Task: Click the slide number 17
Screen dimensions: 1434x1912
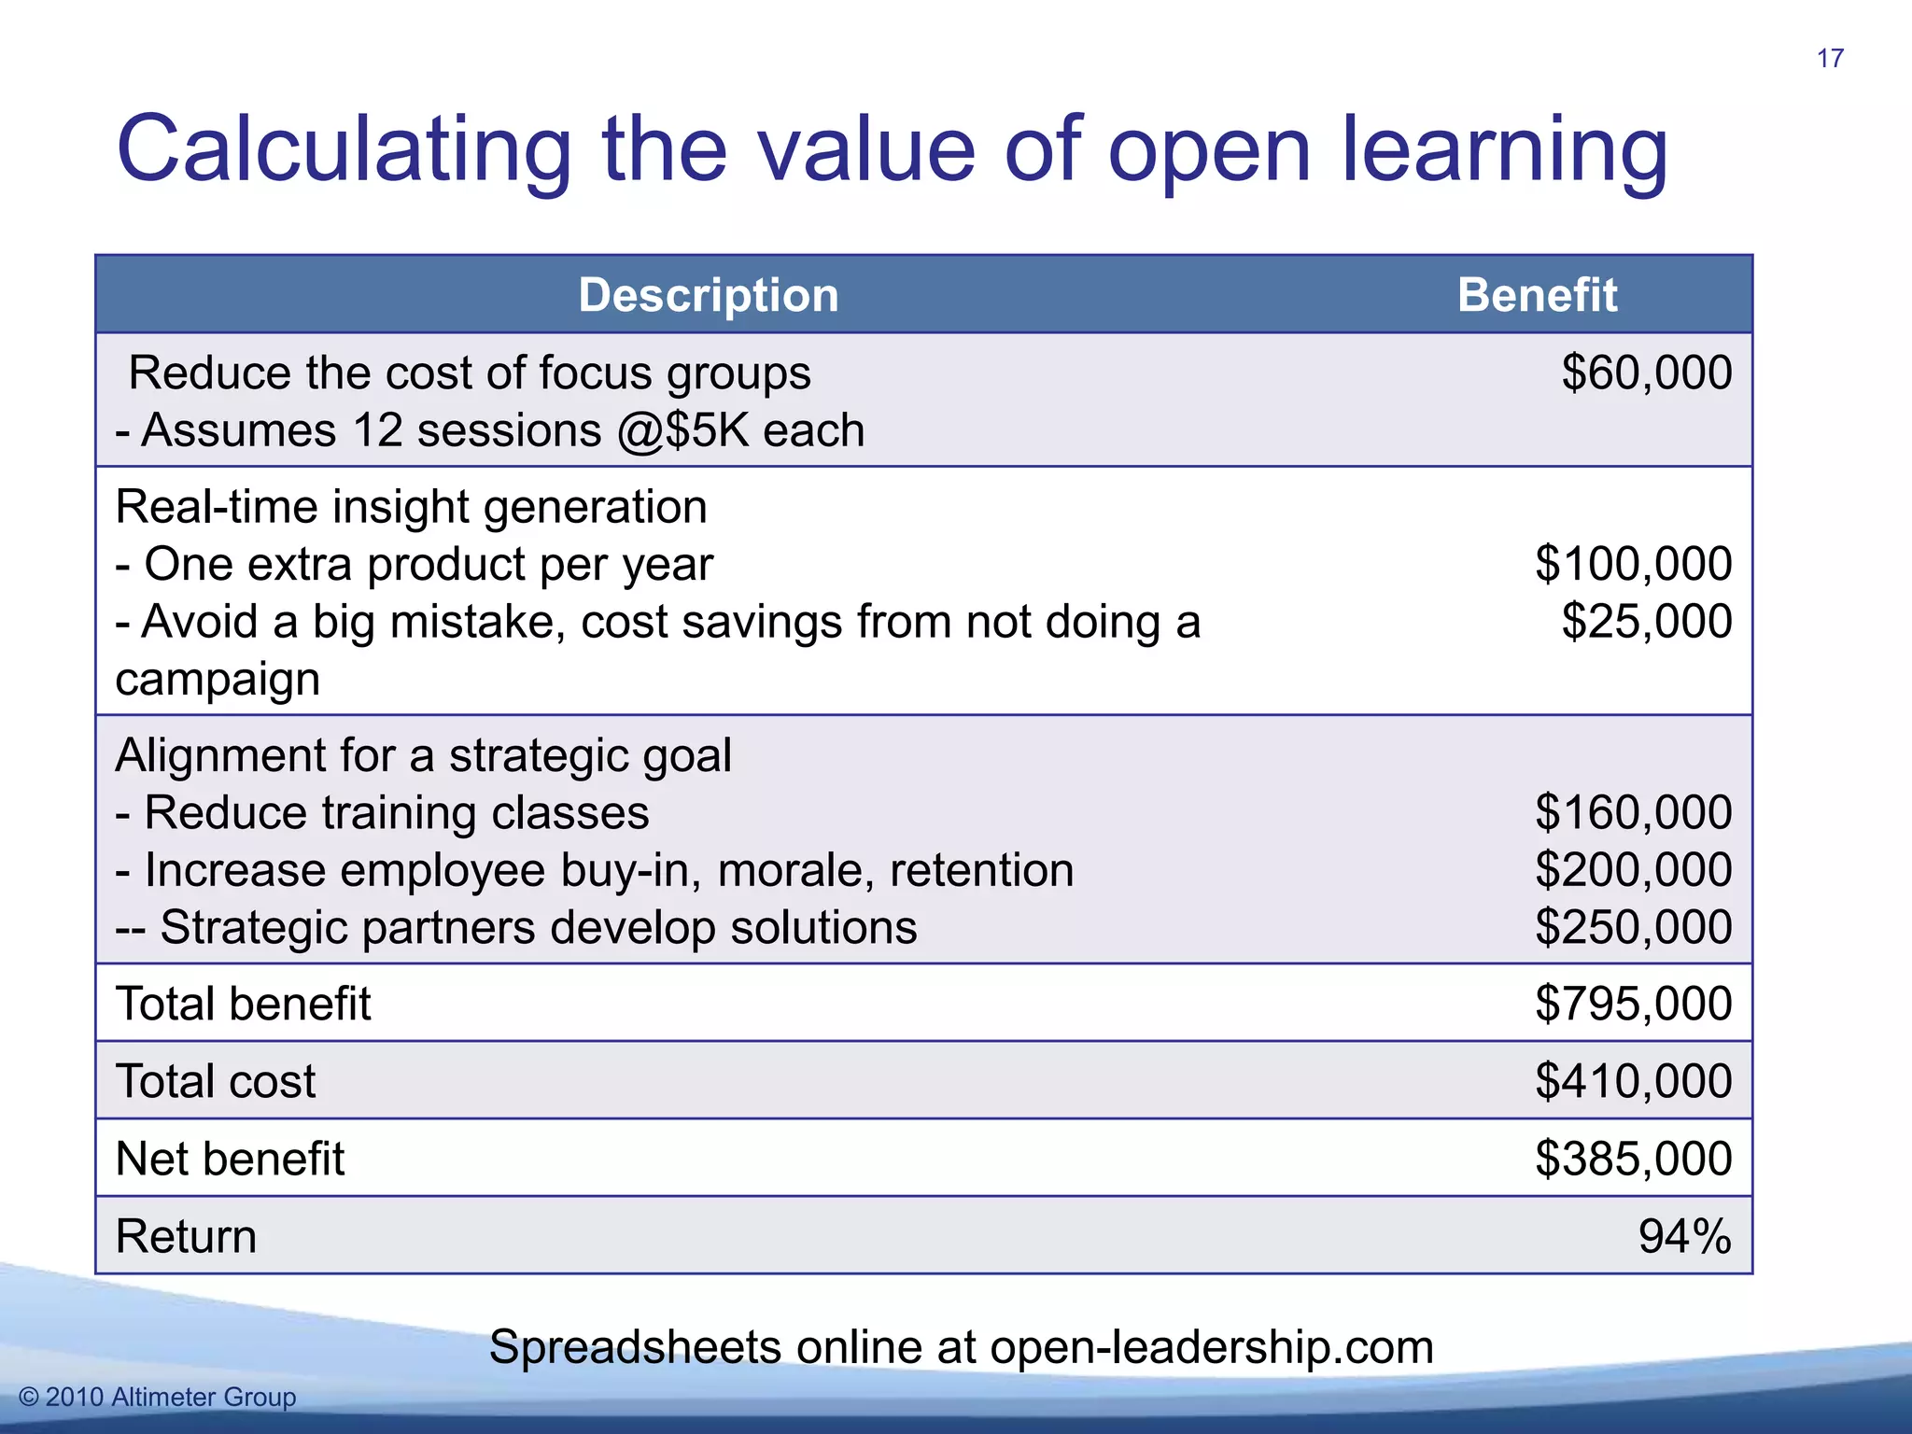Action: (1830, 59)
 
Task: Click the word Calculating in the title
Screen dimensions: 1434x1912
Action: (344, 149)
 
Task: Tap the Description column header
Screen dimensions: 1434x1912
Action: (709, 295)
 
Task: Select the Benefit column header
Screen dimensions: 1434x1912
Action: (1537, 295)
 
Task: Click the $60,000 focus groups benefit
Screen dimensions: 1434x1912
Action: (1646, 373)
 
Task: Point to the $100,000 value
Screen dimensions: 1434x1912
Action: (1633, 564)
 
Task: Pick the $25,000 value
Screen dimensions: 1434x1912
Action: (1646, 622)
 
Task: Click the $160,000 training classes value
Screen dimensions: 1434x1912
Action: (1633, 812)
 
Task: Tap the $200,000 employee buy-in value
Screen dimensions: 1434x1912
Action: (1633, 870)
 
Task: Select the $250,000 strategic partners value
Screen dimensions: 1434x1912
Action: (1633, 928)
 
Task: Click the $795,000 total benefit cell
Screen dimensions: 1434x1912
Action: (1633, 1004)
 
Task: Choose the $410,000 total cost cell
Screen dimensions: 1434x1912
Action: (1633, 1081)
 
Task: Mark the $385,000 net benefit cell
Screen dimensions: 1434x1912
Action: (1633, 1159)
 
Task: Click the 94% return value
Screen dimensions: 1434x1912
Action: (1684, 1236)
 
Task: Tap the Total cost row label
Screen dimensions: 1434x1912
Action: (216, 1081)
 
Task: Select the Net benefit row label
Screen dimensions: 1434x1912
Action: (230, 1159)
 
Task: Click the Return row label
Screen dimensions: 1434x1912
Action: (186, 1236)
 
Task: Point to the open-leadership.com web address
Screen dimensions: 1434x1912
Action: (1211, 1347)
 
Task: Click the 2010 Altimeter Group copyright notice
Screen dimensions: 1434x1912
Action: (158, 1397)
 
